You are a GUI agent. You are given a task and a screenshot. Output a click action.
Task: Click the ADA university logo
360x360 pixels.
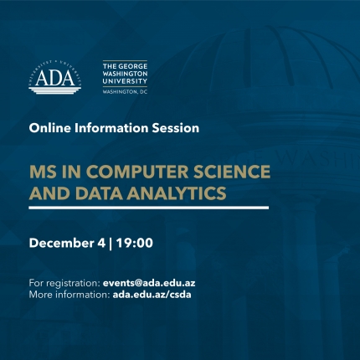(x=55, y=77)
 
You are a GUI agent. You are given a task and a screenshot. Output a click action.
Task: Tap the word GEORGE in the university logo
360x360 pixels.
(x=133, y=66)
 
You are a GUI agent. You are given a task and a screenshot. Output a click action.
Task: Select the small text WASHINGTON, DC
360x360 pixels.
(x=125, y=92)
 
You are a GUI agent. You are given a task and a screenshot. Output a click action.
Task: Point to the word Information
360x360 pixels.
(x=111, y=128)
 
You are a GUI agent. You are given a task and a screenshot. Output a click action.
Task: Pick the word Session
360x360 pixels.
(x=176, y=128)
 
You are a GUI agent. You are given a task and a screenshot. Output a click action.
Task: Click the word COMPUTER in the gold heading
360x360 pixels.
(x=139, y=172)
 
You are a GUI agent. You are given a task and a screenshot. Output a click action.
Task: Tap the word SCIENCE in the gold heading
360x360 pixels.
(x=232, y=172)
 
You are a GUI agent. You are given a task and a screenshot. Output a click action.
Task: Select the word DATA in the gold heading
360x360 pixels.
(x=99, y=193)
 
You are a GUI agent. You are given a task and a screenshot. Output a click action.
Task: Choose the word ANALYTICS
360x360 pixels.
(x=177, y=193)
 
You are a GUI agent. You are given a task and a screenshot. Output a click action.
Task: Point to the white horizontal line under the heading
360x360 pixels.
(x=149, y=208)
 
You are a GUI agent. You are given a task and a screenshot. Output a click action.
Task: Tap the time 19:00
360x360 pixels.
(x=135, y=243)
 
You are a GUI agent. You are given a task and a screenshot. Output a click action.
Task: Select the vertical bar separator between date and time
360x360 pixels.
(x=111, y=244)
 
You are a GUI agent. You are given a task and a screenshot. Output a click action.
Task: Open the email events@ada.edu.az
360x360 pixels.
(x=149, y=283)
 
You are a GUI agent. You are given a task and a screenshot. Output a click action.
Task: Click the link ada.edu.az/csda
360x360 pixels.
(x=152, y=295)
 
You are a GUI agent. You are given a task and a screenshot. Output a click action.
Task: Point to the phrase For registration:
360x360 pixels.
(x=64, y=283)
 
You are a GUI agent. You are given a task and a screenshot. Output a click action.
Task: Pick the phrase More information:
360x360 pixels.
(x=69, y=295)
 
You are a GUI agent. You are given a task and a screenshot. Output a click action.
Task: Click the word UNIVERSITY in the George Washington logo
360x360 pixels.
(x=125, y=81)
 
